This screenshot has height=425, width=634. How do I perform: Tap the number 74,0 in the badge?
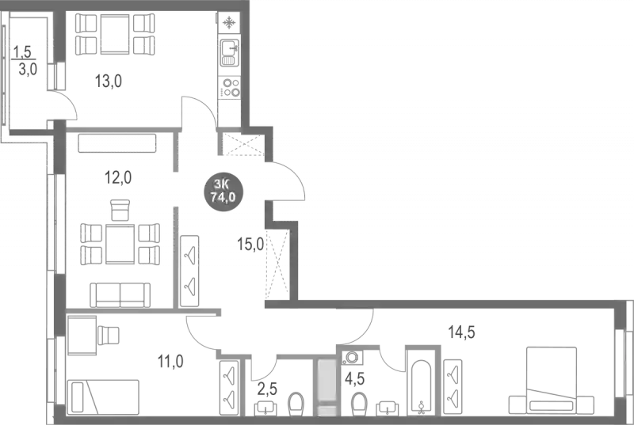tap(223, 197)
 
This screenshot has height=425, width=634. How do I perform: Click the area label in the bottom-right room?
tap(462, 332)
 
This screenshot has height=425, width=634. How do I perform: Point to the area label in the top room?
tap(110, 78)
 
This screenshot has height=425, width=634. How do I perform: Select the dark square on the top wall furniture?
tap(114, 30)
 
